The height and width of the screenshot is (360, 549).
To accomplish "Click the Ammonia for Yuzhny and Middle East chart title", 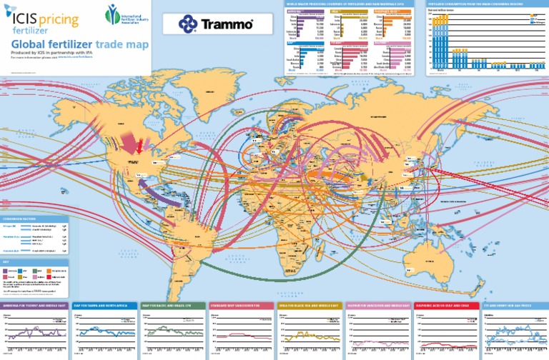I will coord(34,304).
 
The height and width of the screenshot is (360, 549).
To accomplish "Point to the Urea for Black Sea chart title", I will coord(309,304).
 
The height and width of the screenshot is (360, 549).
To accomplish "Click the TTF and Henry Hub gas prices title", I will coord(514,304).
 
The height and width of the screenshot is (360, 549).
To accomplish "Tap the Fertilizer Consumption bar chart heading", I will coord(487,4).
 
